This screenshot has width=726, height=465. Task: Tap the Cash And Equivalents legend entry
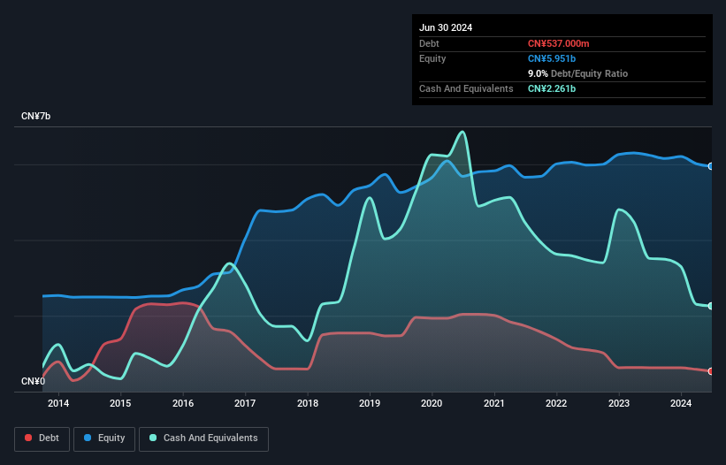click(x=203, y=438)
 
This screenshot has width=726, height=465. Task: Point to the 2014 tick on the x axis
click(x=58, y=404)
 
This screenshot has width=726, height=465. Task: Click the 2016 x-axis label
click(x=183, y=404)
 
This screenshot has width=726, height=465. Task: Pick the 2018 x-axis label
click(x=308, y=404)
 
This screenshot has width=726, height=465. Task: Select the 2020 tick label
click(x=432, y=404)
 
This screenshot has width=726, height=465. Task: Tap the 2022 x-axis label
click(x=556, y=404)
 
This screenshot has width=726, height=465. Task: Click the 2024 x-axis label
click(x=681, y=404)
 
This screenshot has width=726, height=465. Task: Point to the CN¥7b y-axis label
click(x=36, y=117)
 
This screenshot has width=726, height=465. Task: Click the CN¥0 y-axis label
click(x=33, y=382)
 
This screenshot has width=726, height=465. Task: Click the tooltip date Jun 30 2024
click(x=446, y=27)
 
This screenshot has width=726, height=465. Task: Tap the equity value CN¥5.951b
click(x=552, y=58)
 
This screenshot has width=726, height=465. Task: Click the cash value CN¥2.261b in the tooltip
click(x=552, y=88)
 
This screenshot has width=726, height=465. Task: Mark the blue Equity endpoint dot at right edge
click(x=711, y=166)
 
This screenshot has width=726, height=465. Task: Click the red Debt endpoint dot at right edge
click(x=711, y=371)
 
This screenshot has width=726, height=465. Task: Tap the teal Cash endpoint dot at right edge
click(x=711, y=306)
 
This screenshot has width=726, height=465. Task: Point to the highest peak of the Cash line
click(x=462, y=132)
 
